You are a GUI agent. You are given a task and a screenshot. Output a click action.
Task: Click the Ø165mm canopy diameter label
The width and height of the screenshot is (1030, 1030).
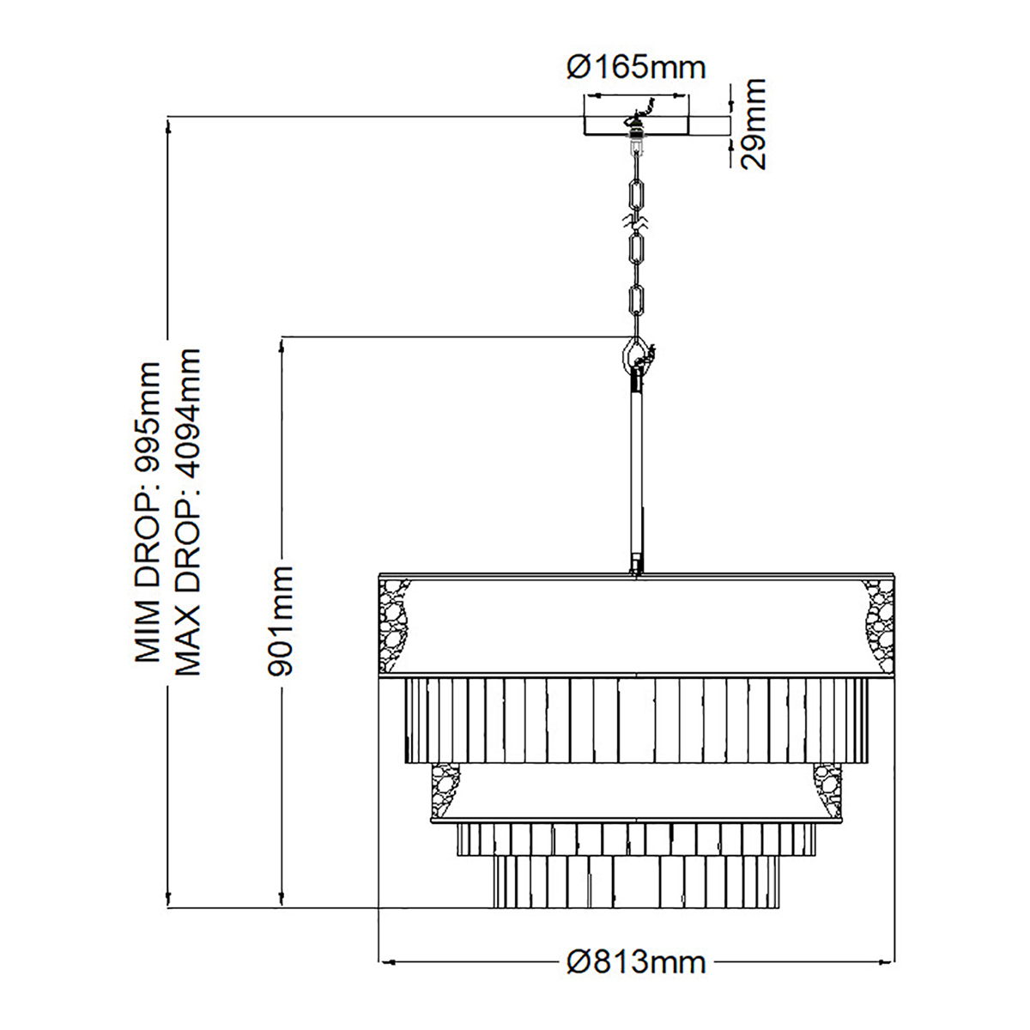click(x=636, y=66)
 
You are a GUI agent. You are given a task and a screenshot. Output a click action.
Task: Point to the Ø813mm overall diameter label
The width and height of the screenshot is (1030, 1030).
click(x=636, y=961)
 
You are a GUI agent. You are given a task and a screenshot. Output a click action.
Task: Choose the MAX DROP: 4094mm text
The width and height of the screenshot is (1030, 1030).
click(x=186, y=512)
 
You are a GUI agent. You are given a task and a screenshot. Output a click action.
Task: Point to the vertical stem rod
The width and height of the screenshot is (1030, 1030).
click(x=636, y=472)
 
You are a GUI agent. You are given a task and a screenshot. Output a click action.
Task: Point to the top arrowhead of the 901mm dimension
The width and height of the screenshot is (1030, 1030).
click(x=282, y=342)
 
